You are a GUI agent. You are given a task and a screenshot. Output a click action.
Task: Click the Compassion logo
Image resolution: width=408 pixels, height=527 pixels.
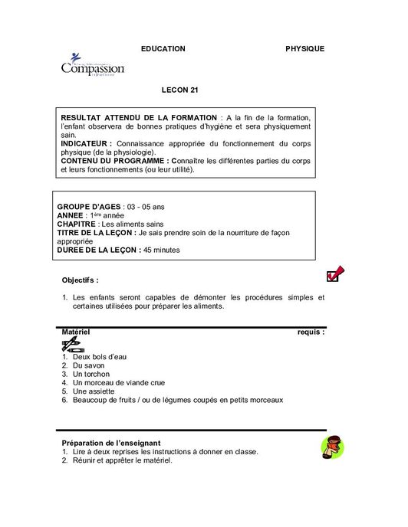click(x=92, y=66)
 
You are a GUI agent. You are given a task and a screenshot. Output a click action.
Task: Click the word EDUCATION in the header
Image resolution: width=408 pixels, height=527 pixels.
click(x=163, y=48)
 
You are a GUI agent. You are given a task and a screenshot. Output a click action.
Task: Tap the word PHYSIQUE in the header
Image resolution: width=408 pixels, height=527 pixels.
click(x=304, y=48)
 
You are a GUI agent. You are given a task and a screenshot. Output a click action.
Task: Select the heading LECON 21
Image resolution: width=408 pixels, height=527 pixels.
click(x=180, y=90)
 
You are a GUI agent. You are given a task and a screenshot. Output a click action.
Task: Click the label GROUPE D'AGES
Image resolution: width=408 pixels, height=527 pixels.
click(x=89, y=207)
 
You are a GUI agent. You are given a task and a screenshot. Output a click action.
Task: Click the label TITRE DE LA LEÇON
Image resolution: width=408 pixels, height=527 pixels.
click(x=96, y=232)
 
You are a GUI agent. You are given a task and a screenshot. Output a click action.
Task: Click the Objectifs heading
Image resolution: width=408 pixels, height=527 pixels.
click(x=80, y=280)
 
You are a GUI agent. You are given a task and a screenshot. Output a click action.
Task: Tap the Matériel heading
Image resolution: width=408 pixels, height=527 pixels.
click(x=76, y=332)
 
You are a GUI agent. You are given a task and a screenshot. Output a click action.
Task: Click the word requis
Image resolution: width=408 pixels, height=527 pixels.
click(x=311, y=332)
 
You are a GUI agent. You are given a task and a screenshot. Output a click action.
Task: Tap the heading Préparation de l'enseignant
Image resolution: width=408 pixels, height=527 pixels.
click(x=110, y=443)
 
